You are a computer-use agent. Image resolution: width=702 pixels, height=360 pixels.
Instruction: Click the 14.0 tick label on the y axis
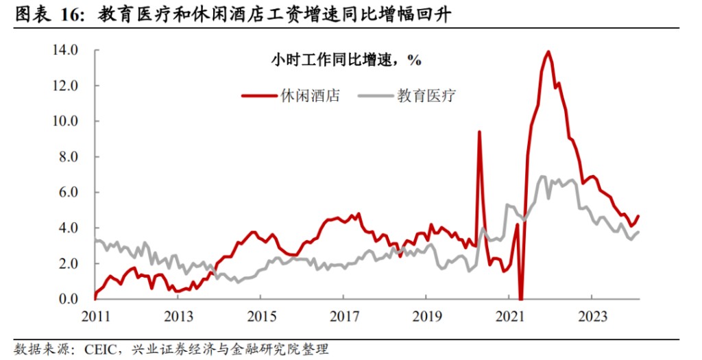[66, 50]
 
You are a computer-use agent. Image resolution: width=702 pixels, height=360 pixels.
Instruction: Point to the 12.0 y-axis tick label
[66, 86]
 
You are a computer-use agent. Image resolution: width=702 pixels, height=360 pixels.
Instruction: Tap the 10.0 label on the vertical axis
[66, 121]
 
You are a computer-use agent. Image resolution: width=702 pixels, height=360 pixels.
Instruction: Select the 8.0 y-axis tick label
[69, 157]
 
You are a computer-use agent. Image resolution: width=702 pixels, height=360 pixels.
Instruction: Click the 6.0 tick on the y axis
[69, 193]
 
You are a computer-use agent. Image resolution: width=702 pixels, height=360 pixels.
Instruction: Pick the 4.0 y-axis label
[69, 228]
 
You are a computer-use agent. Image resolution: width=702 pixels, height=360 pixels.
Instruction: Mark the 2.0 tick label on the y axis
[69, 263]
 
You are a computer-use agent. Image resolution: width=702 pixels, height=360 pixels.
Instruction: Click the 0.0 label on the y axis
[69, 299]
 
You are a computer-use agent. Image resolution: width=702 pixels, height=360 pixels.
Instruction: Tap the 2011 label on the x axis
[95, 317]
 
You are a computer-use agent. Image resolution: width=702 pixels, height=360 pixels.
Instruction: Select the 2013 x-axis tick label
[178, 317]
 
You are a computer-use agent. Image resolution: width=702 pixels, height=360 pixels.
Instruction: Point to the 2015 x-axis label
[261, 317]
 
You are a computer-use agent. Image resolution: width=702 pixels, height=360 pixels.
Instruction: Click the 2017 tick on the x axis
[343, 317]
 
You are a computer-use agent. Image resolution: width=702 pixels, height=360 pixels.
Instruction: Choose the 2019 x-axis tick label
[426, 317]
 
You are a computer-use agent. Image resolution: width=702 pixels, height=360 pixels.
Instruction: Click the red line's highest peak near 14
[548, 51]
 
